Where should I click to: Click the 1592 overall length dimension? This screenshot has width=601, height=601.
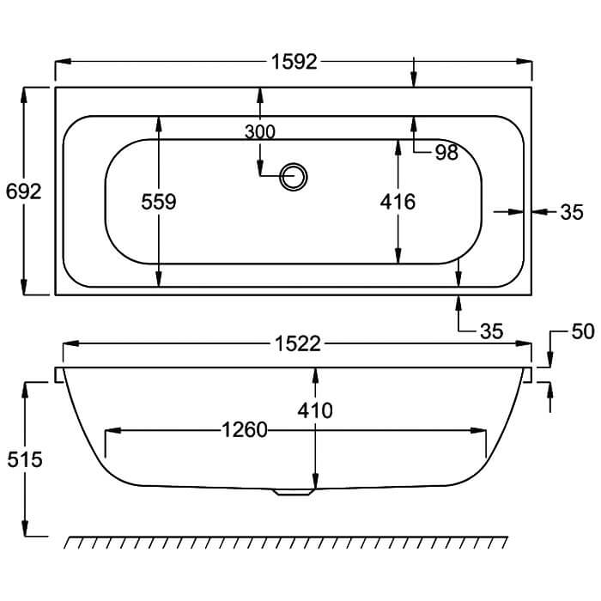pyautogui.click(x=294, y=62)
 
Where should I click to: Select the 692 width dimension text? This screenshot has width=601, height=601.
pyautogui.click(x=23, y=191)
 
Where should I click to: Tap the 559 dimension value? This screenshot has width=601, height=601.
pyautogui.click(x=159, y=202)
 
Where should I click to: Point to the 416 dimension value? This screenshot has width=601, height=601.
pyautogui.click(x=398, y=202)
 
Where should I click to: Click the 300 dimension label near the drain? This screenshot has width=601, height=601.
pyautogui.click(x=259, y=131)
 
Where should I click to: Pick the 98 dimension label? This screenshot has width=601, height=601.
pyautogui.click(x=446, y=153)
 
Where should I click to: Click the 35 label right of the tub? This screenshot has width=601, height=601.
pyautogui.click(x=572, y=212)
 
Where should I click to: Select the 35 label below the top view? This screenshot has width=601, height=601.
pyautogui.click(x=490, y=331)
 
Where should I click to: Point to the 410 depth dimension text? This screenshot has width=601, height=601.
pyautogui.click(x=316, y=410)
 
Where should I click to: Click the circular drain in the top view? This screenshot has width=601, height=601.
pyautogui.click(x=294, y=175)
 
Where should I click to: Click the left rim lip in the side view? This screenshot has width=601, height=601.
pyautogui.click(x=59, y=374)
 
